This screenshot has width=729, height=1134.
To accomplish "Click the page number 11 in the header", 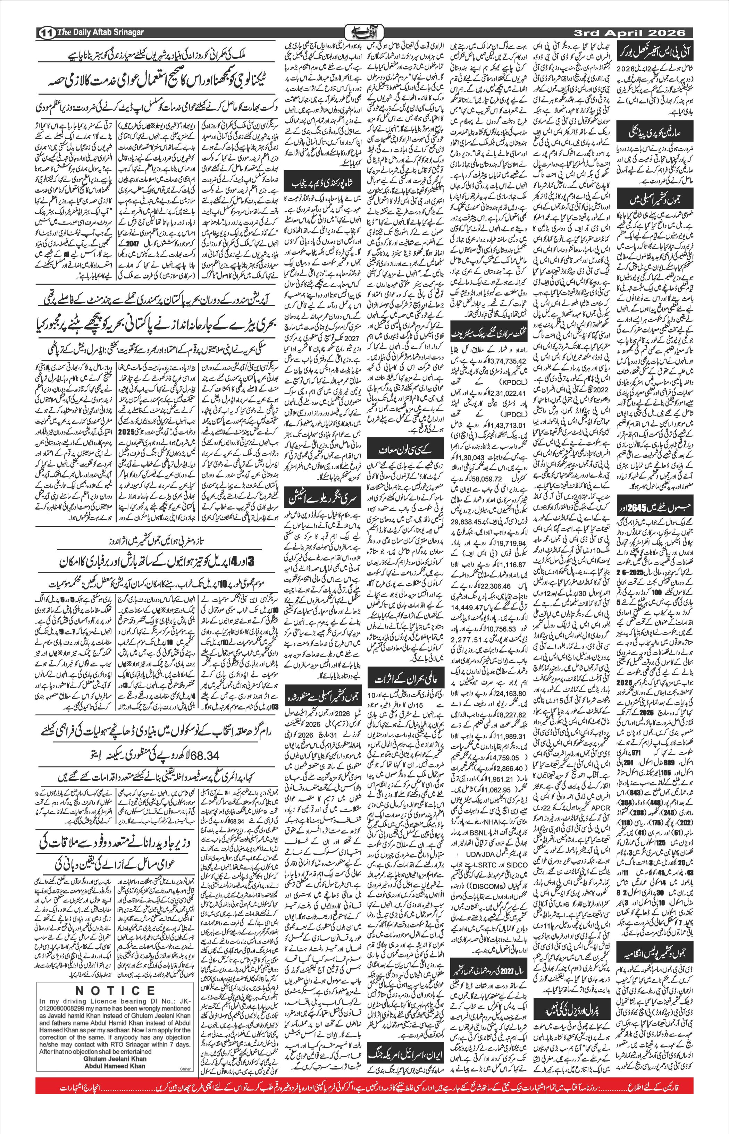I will click(x=45, y=33).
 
